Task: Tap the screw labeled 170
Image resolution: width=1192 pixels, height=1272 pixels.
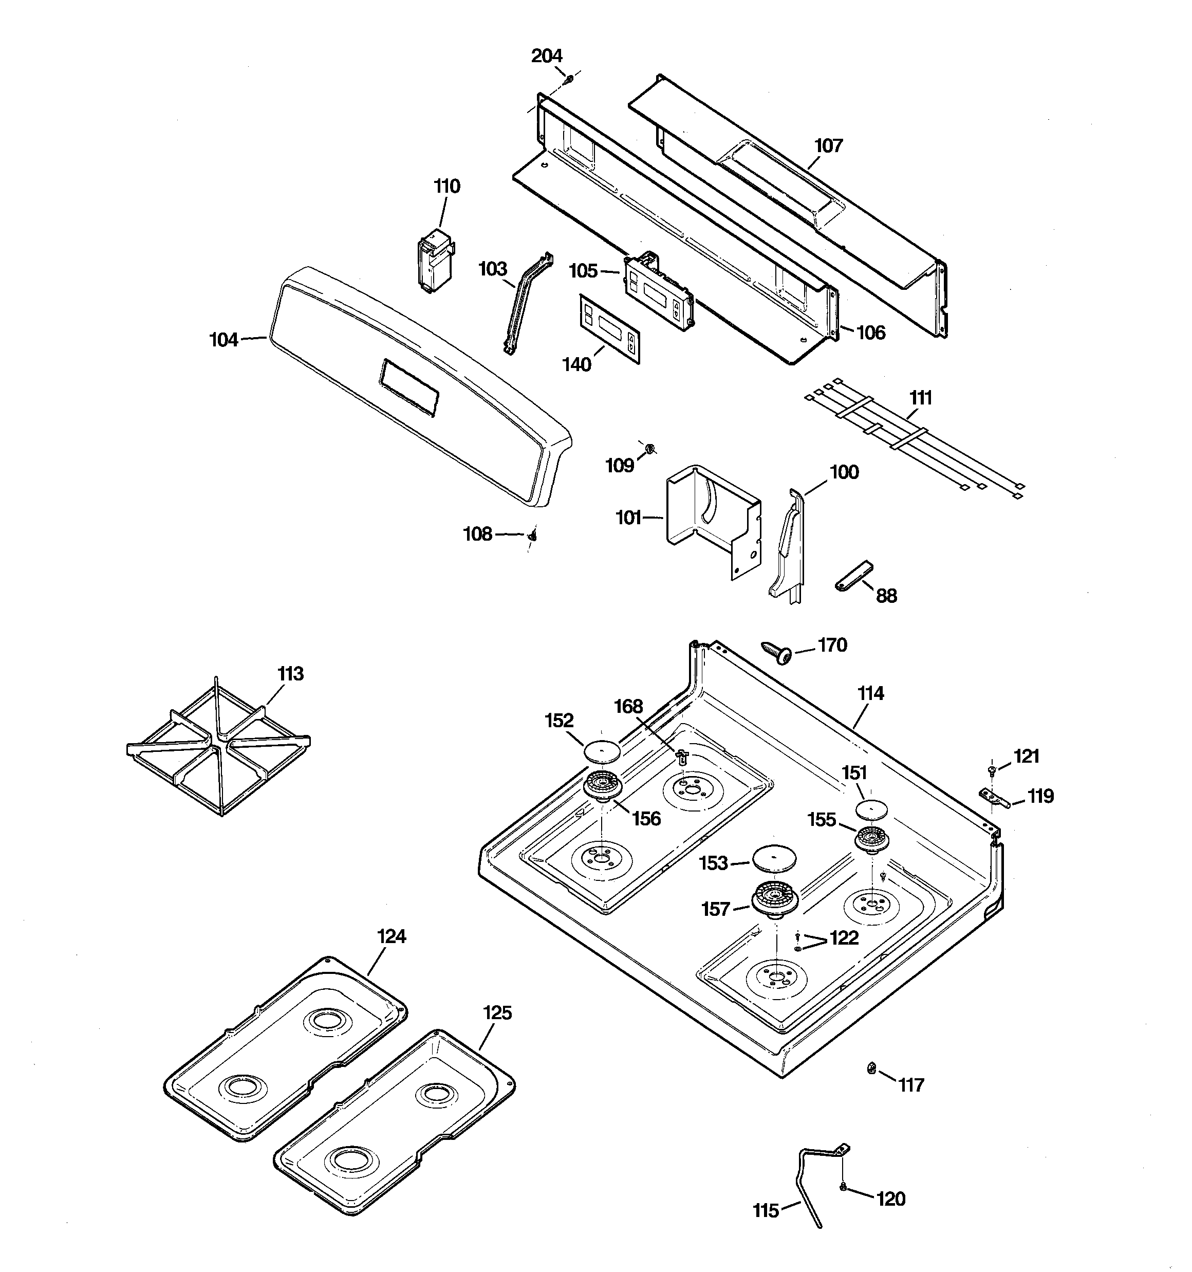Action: coord(777,652)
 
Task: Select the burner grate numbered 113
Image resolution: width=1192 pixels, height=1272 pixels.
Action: coord(218,747)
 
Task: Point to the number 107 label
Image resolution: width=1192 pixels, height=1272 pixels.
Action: coord(829,146)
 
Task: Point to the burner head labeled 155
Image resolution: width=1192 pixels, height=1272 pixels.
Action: coord(872,839)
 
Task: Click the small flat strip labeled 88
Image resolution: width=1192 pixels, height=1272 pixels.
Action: coord(853,575)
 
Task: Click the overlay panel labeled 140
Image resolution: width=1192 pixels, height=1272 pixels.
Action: coord(610,329)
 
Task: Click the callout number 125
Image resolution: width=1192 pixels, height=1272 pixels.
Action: coord(497,1013)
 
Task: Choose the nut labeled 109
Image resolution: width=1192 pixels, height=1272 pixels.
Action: coord(649,447)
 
